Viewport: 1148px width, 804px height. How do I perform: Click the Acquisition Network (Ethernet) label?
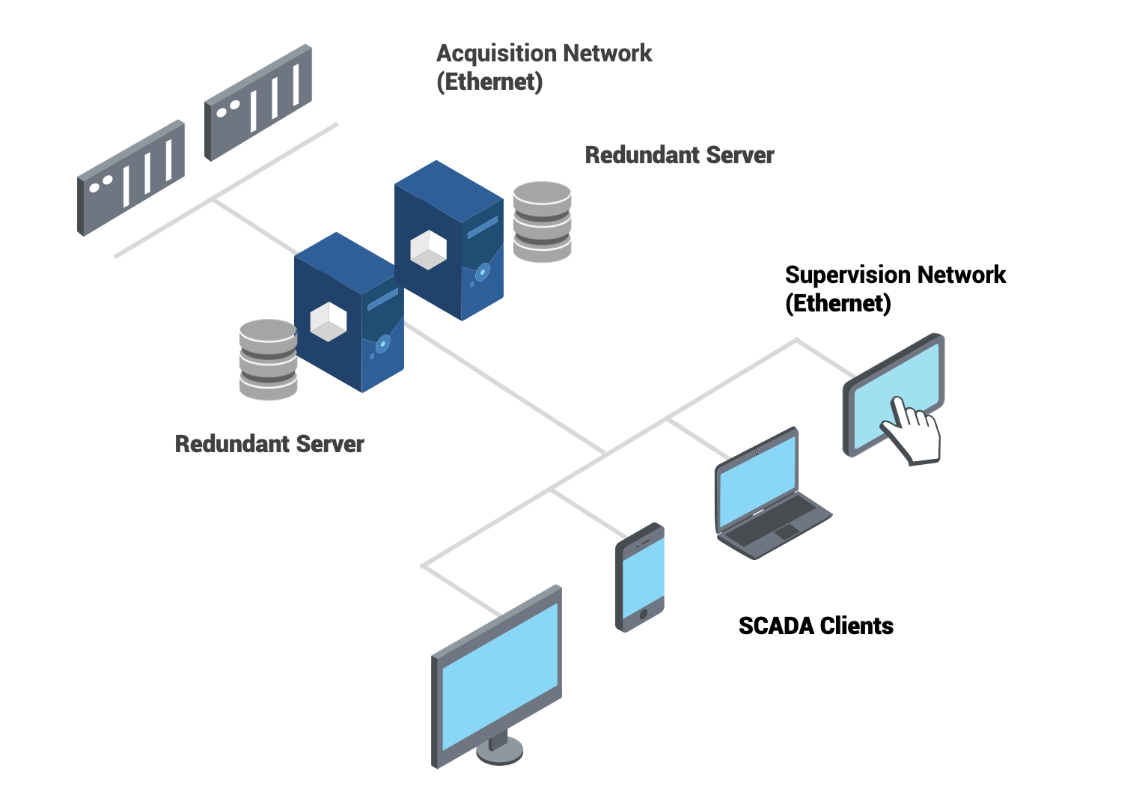click(x=544, y=67)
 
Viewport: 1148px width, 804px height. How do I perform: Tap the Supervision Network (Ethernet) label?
click(x=894, y=289)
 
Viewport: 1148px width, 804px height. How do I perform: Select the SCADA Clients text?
click(x=816, y=626)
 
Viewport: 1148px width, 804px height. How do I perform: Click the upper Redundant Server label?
click(x=679, y=155)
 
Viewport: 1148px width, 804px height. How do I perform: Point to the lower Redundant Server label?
click(x=269, y=444)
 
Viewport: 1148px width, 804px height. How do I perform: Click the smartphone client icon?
click(x=641, y=577)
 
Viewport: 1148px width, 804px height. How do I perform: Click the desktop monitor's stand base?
click(x=499, y=751)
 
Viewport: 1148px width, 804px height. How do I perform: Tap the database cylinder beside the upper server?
click(x=543, y=222)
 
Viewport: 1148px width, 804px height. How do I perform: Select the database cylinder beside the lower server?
click(x=268, y=359)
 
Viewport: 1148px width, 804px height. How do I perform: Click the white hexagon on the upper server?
click(x=429, y=250)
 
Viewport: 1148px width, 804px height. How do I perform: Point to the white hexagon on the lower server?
click(x=329, y=322)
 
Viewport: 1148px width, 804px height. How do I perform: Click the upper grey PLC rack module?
click(x=258, y=102)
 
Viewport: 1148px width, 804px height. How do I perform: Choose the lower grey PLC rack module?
click(x=131, y=177)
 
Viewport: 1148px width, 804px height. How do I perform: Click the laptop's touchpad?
click(x=787, y=532)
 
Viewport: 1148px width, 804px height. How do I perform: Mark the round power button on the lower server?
click(x=382, y=344)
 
